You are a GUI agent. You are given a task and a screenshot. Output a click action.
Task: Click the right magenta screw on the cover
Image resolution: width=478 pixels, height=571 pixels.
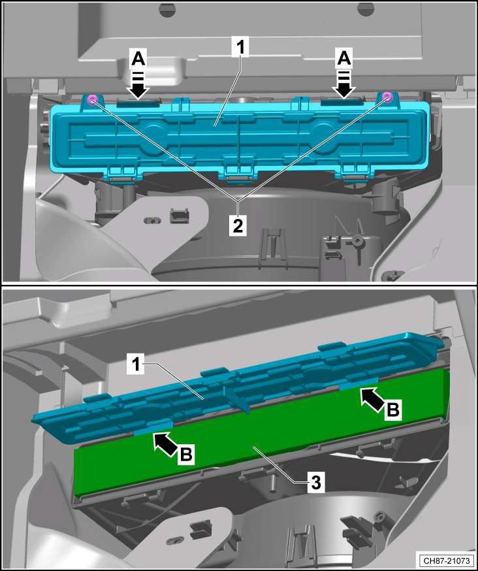click(388, 97)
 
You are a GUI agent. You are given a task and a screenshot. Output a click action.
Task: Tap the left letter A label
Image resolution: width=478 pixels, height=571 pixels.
click(138, 59)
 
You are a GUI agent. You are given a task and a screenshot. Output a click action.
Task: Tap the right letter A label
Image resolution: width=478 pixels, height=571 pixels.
click(344, 59)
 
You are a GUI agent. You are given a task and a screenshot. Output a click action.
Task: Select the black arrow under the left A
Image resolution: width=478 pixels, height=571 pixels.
click(138, 85)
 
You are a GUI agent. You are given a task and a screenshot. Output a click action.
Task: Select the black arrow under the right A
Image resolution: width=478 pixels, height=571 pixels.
click(345, 85)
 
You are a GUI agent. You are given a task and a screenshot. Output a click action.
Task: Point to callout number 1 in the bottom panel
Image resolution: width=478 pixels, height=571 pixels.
click(136, 364)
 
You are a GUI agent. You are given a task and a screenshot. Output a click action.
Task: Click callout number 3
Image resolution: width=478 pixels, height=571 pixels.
click(316, 483)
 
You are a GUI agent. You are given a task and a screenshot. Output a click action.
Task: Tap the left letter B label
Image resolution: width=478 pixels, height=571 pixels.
click(186, 454)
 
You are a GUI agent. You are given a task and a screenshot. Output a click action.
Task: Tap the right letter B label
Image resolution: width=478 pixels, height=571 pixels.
click(393, 410)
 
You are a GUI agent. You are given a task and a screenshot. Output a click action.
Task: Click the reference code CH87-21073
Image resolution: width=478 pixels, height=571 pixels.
click(447, 560)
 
